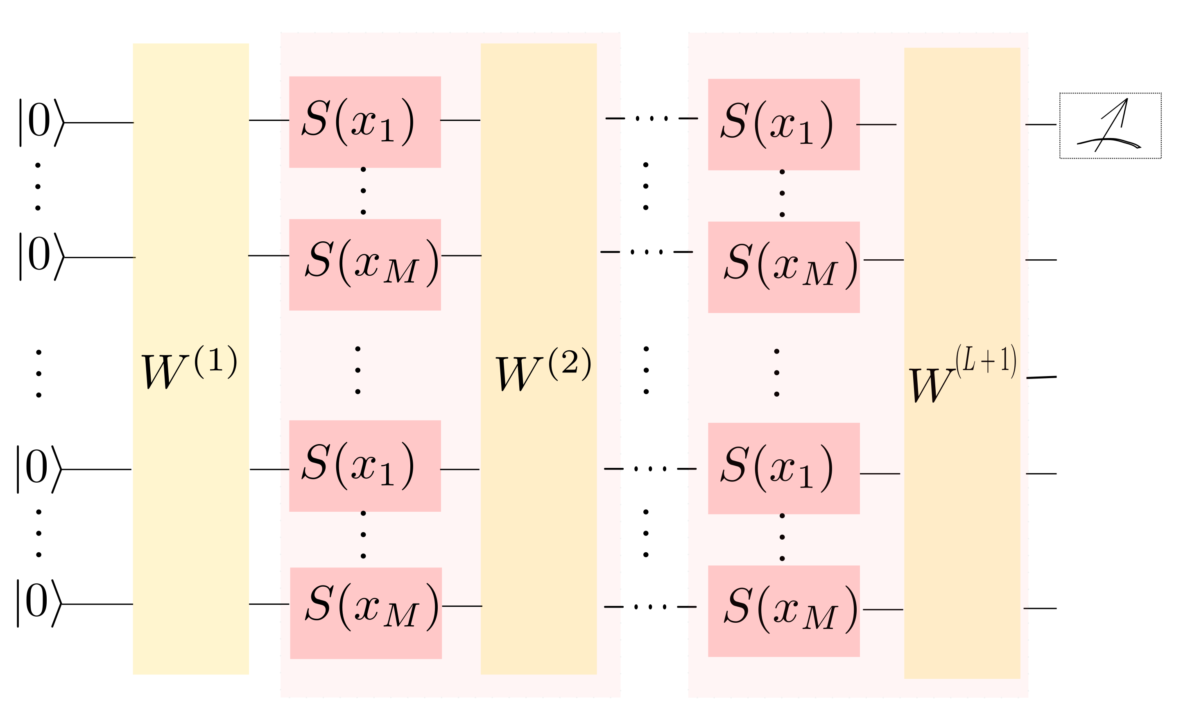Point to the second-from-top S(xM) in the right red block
790,265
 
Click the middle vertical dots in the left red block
358,370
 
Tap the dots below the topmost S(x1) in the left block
363,191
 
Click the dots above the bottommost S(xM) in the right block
782,537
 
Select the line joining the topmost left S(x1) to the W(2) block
460,120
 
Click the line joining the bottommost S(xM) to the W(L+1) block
883,610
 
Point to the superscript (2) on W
570,363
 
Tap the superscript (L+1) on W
986,360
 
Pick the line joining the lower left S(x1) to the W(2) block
460,469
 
